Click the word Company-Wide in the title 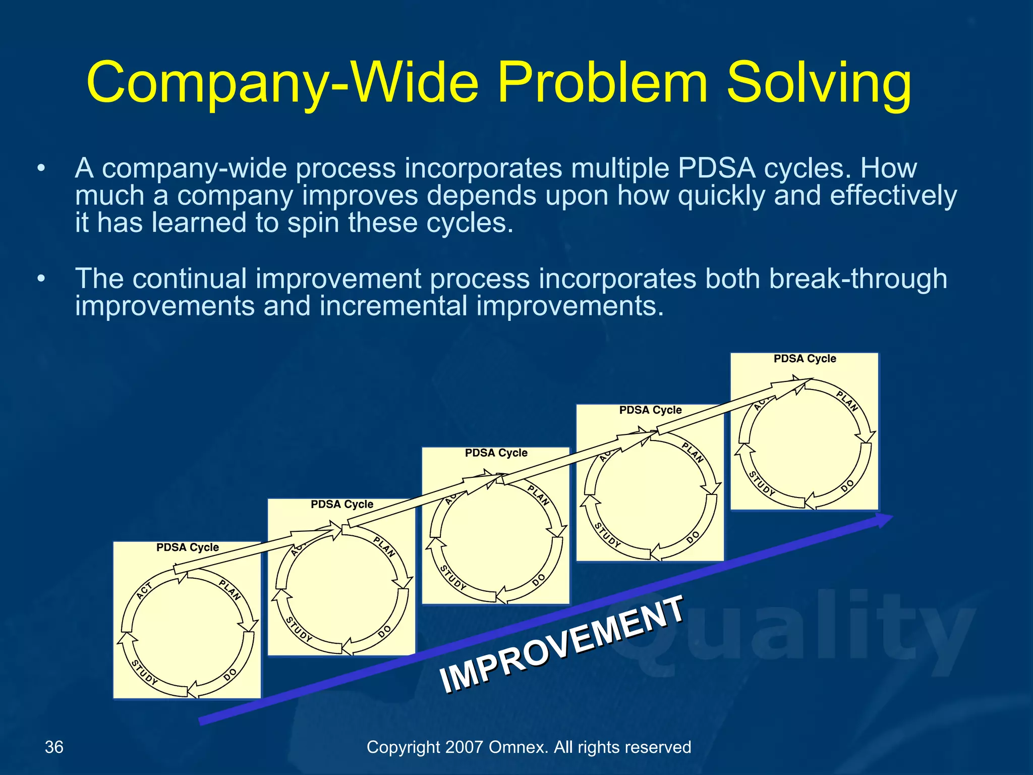(x=282, y=83)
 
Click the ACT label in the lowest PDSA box (x=144, y=590)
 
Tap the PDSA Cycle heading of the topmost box (x=805, y=359)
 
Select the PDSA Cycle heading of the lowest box (x=188, y=547)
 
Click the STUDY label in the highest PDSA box (x=761, y=483)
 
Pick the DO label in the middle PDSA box (x=539, y=580)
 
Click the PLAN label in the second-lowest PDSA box (x=384, y=547)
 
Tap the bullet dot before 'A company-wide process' (x=41, y=169)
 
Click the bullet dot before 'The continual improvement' (x=41, y=279)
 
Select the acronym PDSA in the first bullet (x=716, y=168)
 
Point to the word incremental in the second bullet (x=393, y=306)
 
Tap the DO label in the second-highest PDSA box (x=693, y=537)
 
